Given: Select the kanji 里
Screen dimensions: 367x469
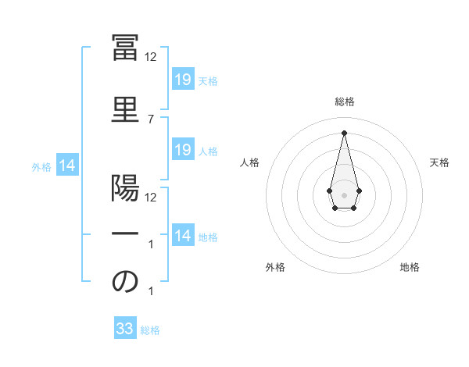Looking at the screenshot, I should click(125, 108).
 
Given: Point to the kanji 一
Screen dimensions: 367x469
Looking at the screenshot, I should click(125, 233).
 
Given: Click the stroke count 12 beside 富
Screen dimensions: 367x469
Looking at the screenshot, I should click(151, 57).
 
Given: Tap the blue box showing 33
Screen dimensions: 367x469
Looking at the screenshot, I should click(125, 329).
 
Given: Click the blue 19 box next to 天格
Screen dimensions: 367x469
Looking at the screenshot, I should click(182, 80).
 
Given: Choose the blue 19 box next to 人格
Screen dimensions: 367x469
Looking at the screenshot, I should click(182, 150).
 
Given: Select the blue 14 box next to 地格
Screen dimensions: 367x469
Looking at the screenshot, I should click(182, 236).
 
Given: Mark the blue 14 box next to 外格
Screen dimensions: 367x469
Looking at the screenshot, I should click(67, 166).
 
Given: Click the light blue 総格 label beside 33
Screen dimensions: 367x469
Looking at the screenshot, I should click(151, 330).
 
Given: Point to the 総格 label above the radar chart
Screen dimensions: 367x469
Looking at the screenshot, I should click(344, 102).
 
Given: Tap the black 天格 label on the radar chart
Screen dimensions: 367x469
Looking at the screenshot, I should click(439, 162).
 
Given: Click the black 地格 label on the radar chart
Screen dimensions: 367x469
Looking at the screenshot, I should click(410, 267).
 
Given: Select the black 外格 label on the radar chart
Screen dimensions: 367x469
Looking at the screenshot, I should click(275, 267).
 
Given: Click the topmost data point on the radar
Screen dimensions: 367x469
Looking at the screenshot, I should click(344, 132).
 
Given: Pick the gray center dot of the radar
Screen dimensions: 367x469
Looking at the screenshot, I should click(344, 194).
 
